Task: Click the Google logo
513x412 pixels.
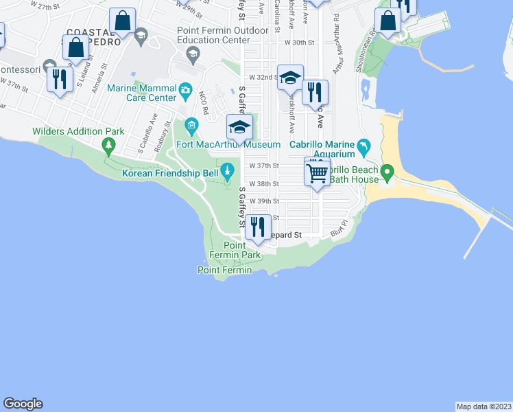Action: pyautogui.click(x=23, y=404)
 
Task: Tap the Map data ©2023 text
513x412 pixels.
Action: pyautogui.click(x=484, y=407)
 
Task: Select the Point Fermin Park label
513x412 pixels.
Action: pyautogui.click(x=243, y=251)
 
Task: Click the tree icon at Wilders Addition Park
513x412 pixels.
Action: pyautogui.click(x=108, y=145)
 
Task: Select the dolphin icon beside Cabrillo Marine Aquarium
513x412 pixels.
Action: pyautogui.click(x=363, y=146)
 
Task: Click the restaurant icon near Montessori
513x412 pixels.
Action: pyautogui.click(x=60, y=78)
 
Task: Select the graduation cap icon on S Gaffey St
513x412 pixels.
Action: pyautogui.click(x=239, y=127)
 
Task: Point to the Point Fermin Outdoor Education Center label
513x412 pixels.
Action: pyautogui.click(x=213, y=35)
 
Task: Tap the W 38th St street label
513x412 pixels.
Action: pyautogui.click(x=264, y=184)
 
